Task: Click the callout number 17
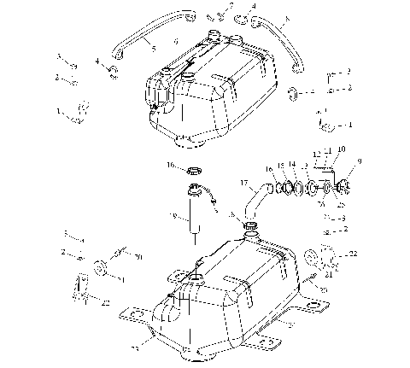[243, 182]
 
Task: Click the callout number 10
[341, 148]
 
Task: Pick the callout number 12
[318, 155]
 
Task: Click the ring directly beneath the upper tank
[194, 164]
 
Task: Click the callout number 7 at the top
[229, 6]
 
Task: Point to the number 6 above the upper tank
[176, 41]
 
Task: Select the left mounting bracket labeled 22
[82, 286]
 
